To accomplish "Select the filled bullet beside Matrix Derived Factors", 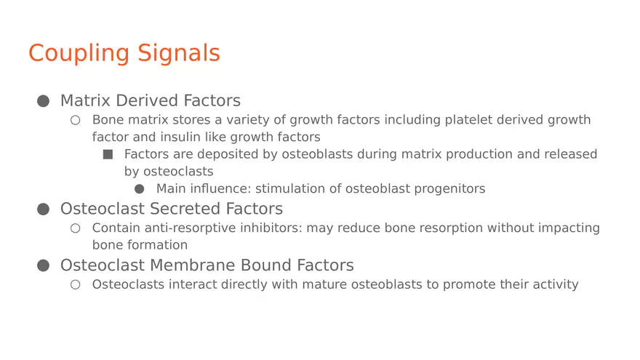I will click(43, 101).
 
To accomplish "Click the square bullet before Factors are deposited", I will click(108, 154).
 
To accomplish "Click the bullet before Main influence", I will click(140, 189).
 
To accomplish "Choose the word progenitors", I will click(449, 189).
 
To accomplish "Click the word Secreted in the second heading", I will click(183, 209).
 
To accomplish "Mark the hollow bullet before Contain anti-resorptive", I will click(75, 228).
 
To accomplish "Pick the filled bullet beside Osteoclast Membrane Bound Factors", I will click(43, 266).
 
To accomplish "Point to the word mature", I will click(327, 284).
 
